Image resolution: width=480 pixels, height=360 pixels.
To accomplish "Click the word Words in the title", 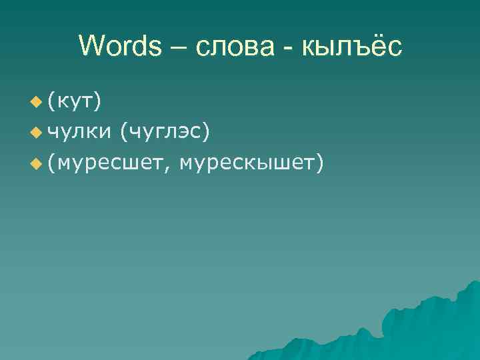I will (120, 46).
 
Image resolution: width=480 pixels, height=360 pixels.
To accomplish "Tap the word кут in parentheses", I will (75, 101).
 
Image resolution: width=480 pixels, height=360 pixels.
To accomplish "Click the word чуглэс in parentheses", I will (165, 131).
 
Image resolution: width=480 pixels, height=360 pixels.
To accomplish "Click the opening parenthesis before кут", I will (51, 101).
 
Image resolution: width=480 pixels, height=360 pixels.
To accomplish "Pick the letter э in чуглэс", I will (184, 132).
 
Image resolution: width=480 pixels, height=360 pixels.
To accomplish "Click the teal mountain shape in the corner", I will (427, 327).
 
